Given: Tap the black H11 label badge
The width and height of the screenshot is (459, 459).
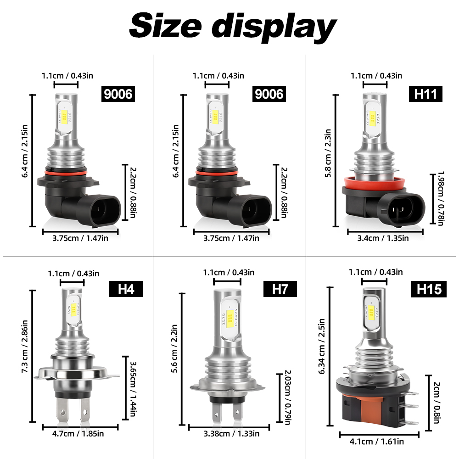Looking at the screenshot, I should click(x=425, y=94).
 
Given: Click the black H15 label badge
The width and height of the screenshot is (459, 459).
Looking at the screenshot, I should click(x=429, y=289).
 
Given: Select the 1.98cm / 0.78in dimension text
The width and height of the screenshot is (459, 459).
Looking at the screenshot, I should click(x=441, y=198).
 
